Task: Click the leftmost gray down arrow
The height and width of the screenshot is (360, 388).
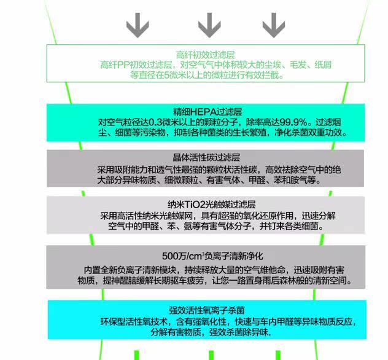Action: tap(137, 25)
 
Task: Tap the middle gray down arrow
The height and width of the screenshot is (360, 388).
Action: tap(209, 25)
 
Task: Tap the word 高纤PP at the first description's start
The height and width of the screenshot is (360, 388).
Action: tap(113, 65)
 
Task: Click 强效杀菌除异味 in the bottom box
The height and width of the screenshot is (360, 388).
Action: tap(240, 332)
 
